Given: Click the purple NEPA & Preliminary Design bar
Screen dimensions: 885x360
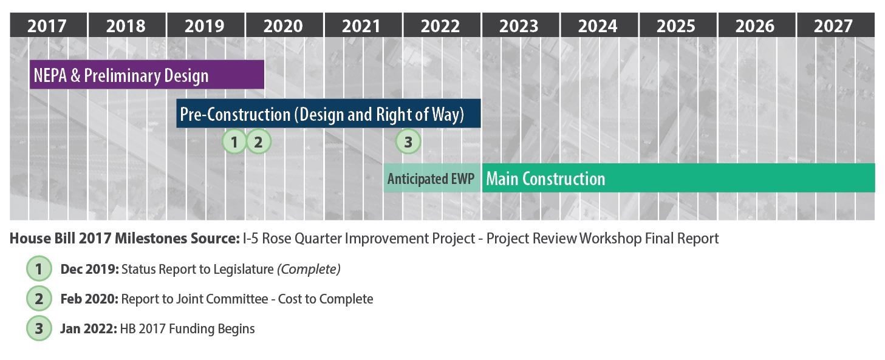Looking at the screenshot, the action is [147, 75].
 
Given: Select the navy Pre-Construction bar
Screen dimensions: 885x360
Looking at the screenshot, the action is [329, 114].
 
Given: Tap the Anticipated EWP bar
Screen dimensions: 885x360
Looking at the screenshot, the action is [432, 178].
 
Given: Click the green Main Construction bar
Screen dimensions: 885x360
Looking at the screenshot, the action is [678, 178].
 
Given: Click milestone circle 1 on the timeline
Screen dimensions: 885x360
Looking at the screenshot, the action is [234, 141].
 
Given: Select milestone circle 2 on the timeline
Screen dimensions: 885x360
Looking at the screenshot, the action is [258, 141].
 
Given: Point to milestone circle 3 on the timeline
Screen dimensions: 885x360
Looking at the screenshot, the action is [408, 141].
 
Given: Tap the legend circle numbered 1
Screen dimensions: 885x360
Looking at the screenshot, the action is [39, 268].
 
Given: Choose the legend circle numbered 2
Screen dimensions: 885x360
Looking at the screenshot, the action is [39, 299].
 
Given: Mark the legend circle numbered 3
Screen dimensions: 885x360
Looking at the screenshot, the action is [39, 328].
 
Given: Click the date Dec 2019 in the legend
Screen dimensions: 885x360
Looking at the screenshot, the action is [90, 269].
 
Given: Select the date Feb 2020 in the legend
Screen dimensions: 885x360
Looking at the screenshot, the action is [89, 299].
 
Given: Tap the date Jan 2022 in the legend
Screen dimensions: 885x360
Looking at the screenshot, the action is [89, 329].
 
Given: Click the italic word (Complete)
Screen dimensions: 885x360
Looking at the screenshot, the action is [309, 269].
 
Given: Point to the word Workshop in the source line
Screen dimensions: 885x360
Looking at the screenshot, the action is [610, 239].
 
